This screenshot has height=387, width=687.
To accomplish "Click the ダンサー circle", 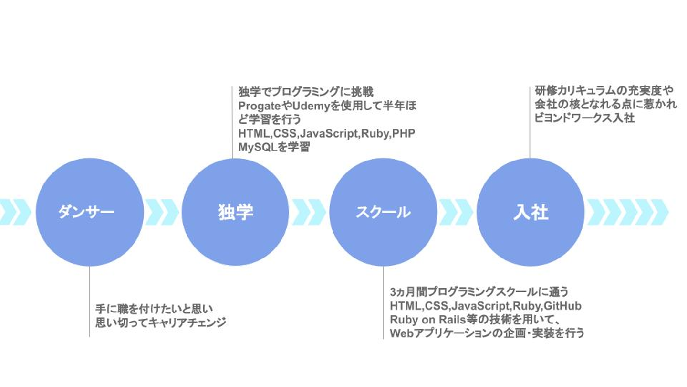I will click(90, 212).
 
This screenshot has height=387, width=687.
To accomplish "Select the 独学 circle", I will click(236, 212).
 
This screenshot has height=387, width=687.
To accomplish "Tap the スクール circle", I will click(383, 212).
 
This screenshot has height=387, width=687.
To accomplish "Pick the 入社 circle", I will click(531, 212).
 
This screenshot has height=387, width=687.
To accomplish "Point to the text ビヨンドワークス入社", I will click(584, 118).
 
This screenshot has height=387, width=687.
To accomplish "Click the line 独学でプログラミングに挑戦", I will click(305, 92).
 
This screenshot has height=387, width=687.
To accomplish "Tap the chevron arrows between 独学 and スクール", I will click(309, 212).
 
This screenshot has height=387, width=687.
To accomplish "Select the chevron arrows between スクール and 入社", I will click(457, 212).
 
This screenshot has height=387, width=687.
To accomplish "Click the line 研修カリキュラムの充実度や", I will click(603, 90).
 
